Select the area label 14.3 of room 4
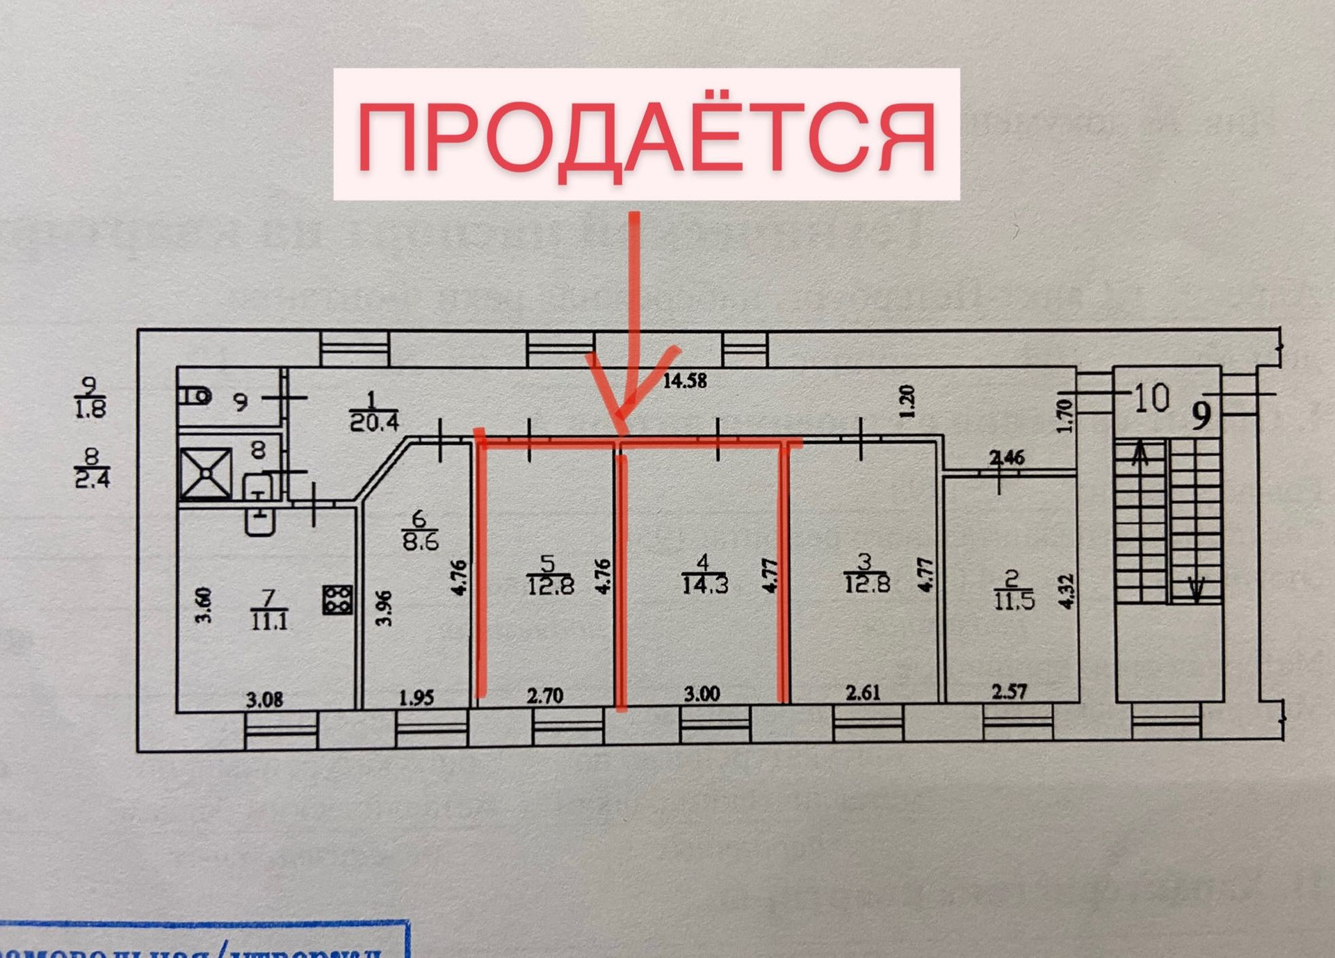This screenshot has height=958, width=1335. coord(704,585)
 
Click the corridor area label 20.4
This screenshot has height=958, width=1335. coord(373,421)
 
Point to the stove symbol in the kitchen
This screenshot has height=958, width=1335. coord(338,599)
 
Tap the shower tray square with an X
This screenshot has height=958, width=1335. coord(206,473)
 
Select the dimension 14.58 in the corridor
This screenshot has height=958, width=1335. coord(684,381)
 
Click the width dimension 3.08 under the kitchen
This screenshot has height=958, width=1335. coord(264,699)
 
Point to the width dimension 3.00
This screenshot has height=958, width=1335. coord(701,694)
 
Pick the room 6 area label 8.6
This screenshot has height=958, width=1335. coord(420,541)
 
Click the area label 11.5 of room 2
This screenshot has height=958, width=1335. coord(1014,600)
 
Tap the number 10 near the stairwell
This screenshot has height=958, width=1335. coord(1151,398)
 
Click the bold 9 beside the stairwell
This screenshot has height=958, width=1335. coord(1201,415)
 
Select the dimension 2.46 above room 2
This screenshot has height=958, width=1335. coord(1007,457)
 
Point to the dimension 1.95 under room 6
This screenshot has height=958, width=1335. coord(416,697)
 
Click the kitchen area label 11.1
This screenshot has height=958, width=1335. coord(269,620)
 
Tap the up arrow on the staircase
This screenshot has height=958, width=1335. coord(1140,455)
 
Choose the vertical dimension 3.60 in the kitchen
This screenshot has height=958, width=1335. coord(202,605)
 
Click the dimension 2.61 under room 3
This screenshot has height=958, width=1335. coord(863,692)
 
